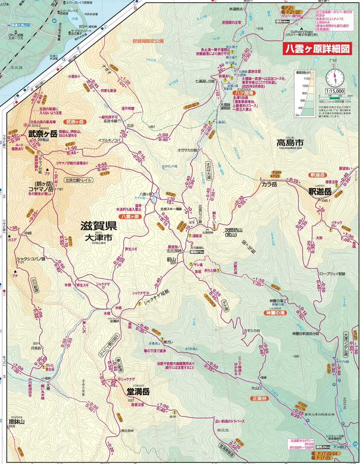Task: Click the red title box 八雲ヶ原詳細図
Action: [316, 48]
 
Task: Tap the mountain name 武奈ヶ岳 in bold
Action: [43, 134]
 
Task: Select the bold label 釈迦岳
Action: [320, 192]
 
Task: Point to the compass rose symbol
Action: [335, 78]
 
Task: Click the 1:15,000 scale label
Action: [335, 91]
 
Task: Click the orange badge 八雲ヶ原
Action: [130, 217]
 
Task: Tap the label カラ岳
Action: [269, 184]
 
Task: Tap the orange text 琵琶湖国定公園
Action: [148, 41]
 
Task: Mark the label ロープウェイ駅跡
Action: [331, 274]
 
